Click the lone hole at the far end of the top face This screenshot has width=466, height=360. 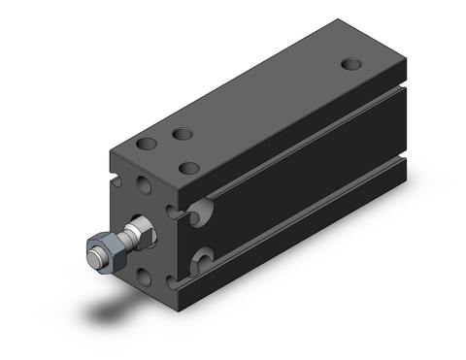(352, 64)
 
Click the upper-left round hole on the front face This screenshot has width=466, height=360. (143, 183)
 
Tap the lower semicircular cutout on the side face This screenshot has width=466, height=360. (204, 259)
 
